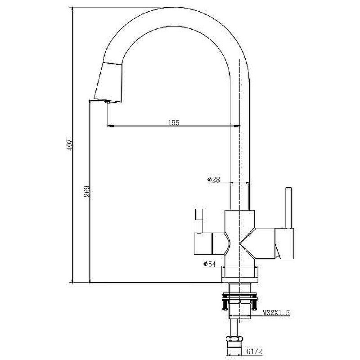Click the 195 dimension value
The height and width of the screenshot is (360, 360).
(x=174, y=122)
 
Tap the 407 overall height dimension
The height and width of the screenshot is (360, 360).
(x=70, y=144)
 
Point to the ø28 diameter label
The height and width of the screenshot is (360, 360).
(x=213, y=180)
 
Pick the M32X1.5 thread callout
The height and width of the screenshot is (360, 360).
(x=276, y=312)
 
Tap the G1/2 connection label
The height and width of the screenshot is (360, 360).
(x=254, y=351)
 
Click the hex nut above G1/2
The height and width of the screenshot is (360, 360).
(x=234, y=339)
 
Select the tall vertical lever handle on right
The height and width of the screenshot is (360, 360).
(x=288, y=208)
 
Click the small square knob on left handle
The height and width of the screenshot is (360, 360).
(x=199, y=215)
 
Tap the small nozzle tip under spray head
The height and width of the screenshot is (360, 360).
(x=108, y=102)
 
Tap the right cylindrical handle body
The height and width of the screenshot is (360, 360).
(x=267, y=243)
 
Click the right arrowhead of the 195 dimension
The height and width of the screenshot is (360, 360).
(x=238, y=126)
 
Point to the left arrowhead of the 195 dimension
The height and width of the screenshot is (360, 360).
(x=111, y=126)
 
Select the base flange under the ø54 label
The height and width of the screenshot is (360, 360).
(x=240, y=275)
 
